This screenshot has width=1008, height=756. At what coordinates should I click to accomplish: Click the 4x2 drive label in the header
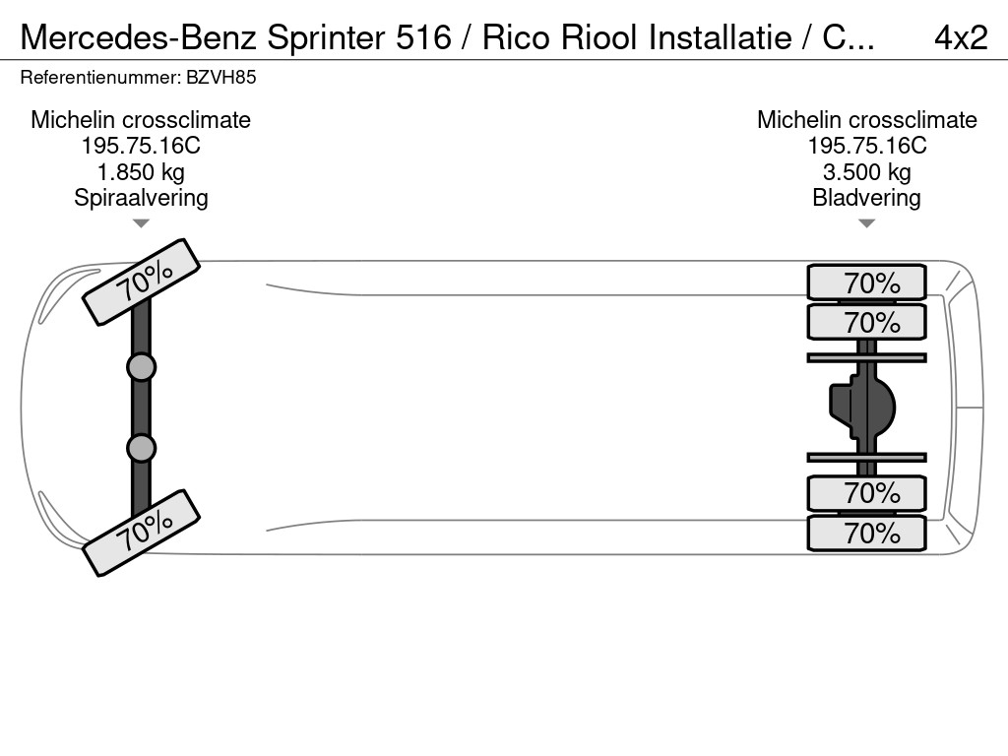coord(960,37)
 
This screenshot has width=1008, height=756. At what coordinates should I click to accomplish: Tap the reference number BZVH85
coord(228,78)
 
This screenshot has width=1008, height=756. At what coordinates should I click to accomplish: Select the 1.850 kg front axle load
coord(141,172)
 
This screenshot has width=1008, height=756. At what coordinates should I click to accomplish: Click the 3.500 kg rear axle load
coord(866,172)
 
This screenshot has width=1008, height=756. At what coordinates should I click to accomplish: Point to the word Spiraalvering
coord(141,198)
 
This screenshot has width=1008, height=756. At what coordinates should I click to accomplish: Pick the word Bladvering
coord(866,198)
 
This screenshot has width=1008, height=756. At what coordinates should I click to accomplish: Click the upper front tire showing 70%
coord(142,282)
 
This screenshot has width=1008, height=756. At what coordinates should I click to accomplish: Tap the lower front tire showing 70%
coord(142,533)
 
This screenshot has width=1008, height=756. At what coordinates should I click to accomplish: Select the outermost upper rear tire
coord(866,283)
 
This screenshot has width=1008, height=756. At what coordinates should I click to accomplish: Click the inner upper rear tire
coord(866,322)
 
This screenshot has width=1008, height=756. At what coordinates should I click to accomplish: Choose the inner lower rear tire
coord(866,492)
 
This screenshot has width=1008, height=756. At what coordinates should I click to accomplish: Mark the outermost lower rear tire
coord(866,533)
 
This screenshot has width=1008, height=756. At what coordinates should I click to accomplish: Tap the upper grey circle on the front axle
coord(142,367)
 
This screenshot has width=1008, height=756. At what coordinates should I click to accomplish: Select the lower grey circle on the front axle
coord(142,448)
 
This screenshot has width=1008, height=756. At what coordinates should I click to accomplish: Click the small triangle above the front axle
coord(141,223)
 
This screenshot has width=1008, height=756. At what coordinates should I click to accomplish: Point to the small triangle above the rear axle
coord(866,223)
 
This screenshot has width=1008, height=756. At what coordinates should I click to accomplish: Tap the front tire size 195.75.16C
coord(141,146)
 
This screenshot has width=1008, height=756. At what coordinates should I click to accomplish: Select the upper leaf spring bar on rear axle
coord(866,357)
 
